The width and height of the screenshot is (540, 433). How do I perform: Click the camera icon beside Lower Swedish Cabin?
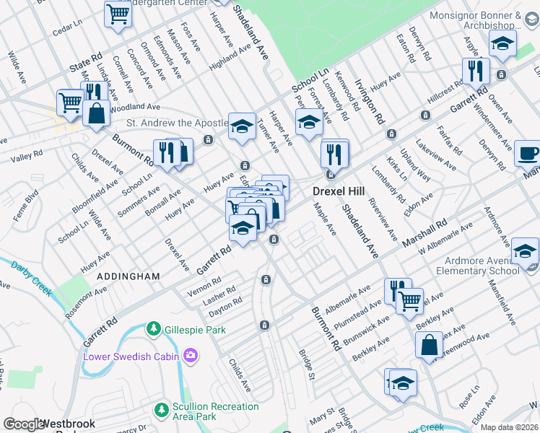point(191,355)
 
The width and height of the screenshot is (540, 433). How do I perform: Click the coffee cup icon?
point(528,153)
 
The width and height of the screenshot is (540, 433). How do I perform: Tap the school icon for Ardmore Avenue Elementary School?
point(524,251)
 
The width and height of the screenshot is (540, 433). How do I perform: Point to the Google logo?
point(23,424)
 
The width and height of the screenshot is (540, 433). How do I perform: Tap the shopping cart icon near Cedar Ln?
point(117,14)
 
